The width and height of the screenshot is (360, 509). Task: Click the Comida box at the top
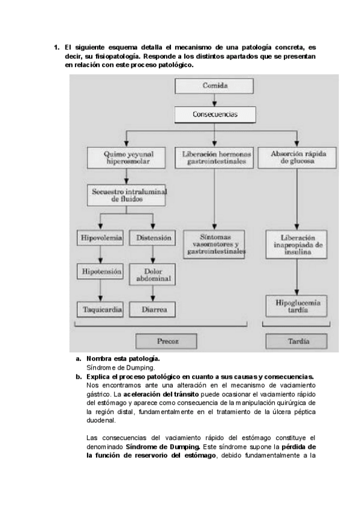[x=215, y=86]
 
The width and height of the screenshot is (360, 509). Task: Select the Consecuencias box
[x=215, y=113]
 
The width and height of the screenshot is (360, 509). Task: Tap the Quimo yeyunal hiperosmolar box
[x=126, y=158]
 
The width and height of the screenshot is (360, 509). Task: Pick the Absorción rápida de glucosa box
[x=298, y=158]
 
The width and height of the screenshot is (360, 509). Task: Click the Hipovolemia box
[x=100, y=238]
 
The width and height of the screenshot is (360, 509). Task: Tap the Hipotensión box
[x=100, y=272]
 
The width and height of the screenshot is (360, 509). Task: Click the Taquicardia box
[x=100, y=310]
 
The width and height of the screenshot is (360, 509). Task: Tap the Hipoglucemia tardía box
[x=298, y=305]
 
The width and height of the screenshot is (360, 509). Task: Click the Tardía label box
[x=298, y=341]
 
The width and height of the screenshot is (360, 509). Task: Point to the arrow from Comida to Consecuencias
[x=215, y=100]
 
